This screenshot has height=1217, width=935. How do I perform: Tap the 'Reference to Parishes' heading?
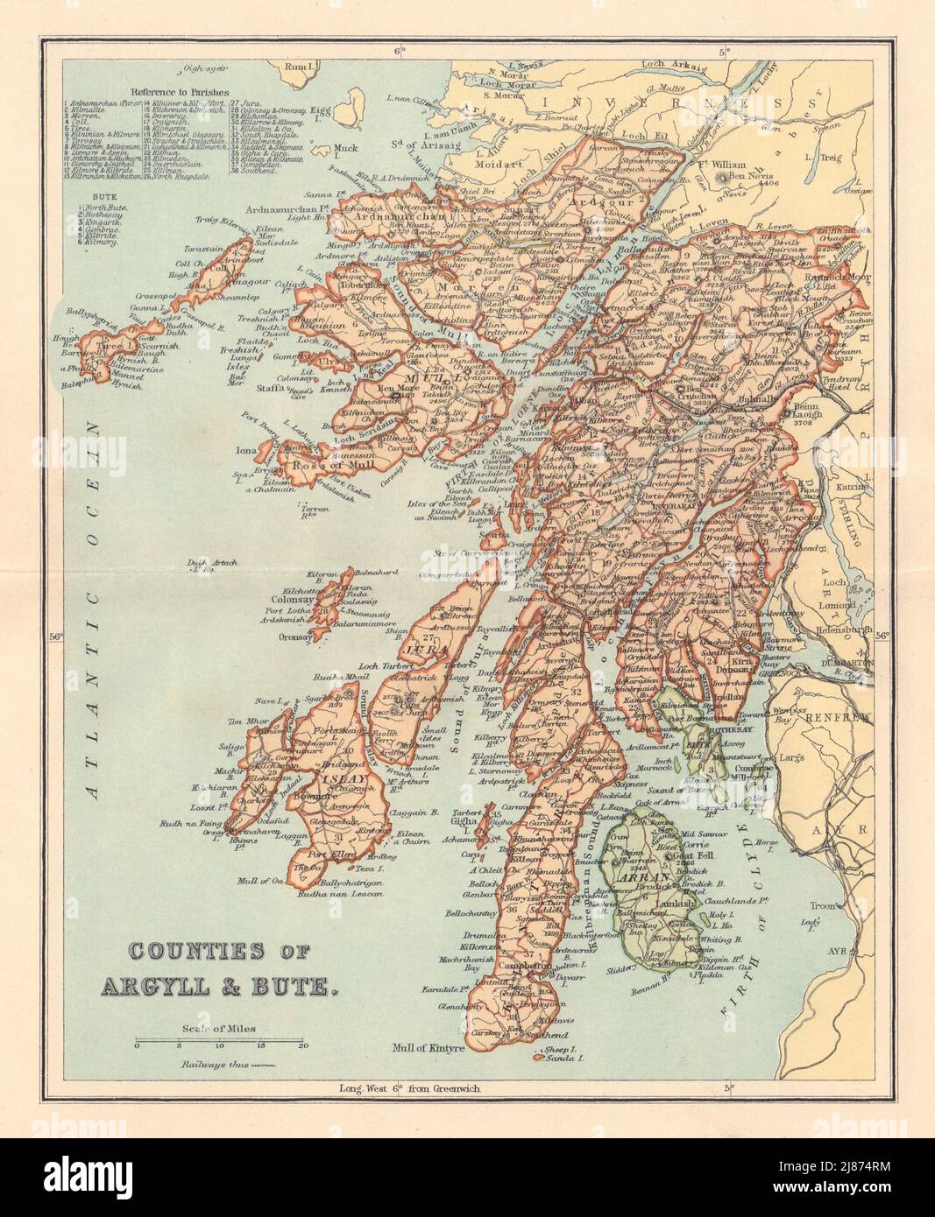point(180,92)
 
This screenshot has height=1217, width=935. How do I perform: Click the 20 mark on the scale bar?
point(301,1045)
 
